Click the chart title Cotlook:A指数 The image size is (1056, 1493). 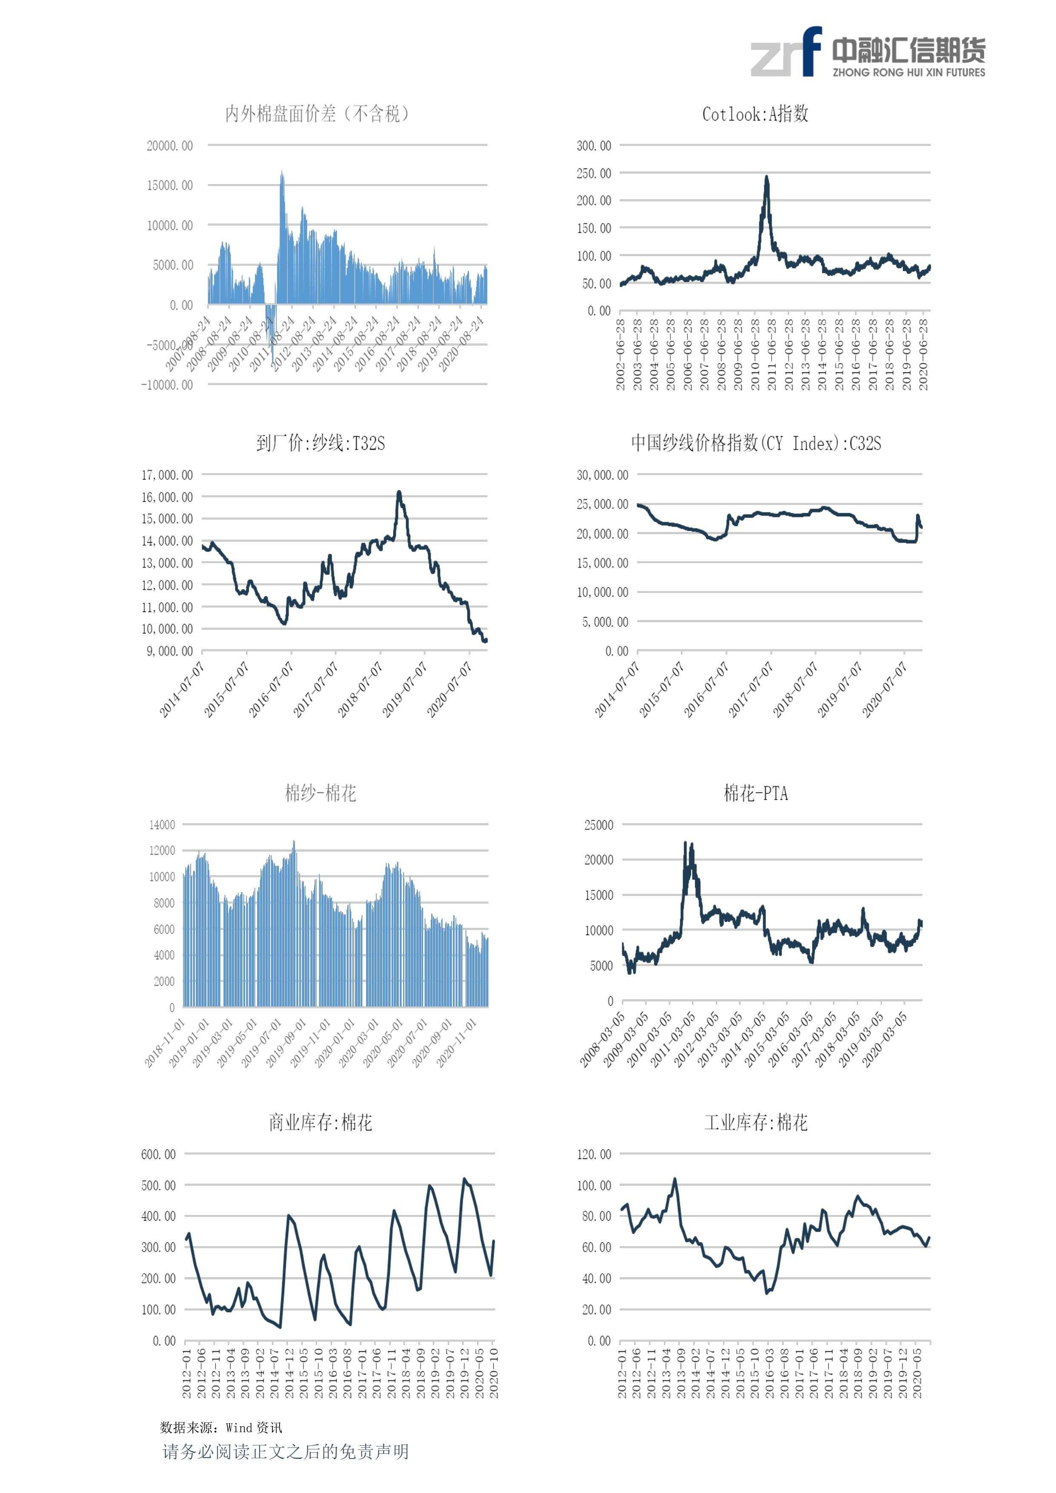click(755, 114)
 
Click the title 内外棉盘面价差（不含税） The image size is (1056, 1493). click(317, 114)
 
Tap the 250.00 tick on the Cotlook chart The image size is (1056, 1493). click(594, 174)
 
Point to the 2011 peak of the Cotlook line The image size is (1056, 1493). click(767, 177)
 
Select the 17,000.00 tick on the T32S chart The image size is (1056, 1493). click(167, 475)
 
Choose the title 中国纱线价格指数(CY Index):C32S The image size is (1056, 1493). click(756, 443)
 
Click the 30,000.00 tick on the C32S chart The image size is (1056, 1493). click(602, 475)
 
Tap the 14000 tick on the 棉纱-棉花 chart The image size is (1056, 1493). click(162, 824)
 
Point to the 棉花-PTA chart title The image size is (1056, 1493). click(756, 793)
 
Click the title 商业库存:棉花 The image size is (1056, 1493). click(321, 1122)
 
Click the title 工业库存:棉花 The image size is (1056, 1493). click(756, 1122)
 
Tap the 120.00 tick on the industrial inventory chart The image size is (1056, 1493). click(594, 1154)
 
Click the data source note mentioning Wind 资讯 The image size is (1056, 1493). click(221, 1427)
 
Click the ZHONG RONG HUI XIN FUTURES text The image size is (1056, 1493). click(908, 72)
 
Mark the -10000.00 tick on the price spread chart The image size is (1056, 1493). click(167, 385)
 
